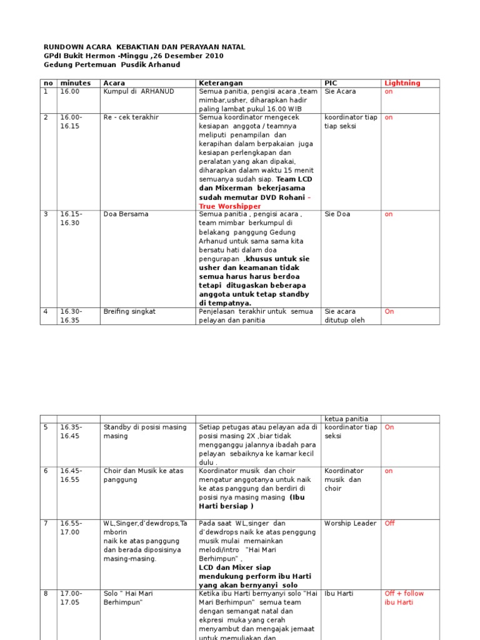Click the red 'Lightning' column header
402,82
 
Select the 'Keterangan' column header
220,82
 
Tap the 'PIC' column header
331,82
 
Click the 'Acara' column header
114,82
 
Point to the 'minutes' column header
75,82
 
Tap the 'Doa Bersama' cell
126,214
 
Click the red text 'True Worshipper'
230,206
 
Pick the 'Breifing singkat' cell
129,311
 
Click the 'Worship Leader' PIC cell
350,523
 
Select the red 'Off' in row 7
389,523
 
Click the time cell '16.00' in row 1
69,91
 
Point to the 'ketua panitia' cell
346,419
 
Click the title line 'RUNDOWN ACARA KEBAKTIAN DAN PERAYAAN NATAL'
144,47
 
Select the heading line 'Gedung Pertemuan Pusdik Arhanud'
111,64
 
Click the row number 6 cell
46,471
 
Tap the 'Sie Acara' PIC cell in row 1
340,91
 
